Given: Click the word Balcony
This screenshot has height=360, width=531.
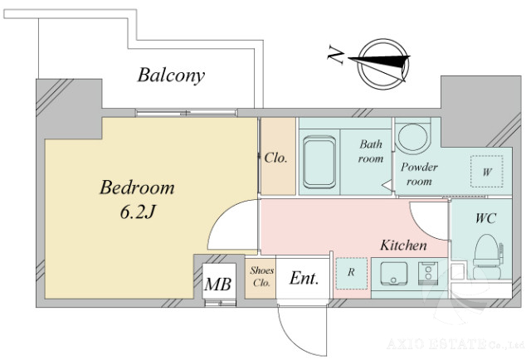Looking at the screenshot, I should (x=171, y=76).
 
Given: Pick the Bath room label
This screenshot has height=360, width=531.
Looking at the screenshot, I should (x=371, y=151).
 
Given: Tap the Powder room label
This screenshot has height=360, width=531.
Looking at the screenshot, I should (x=419, y=173).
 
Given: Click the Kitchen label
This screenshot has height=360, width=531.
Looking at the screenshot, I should (x=403, y=246).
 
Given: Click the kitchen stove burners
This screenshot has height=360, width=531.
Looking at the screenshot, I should (x=429, y=273).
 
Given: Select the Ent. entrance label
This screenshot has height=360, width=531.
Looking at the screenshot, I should (x=304, y=280).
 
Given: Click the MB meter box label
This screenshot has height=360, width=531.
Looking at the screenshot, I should (x=218, y=285).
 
